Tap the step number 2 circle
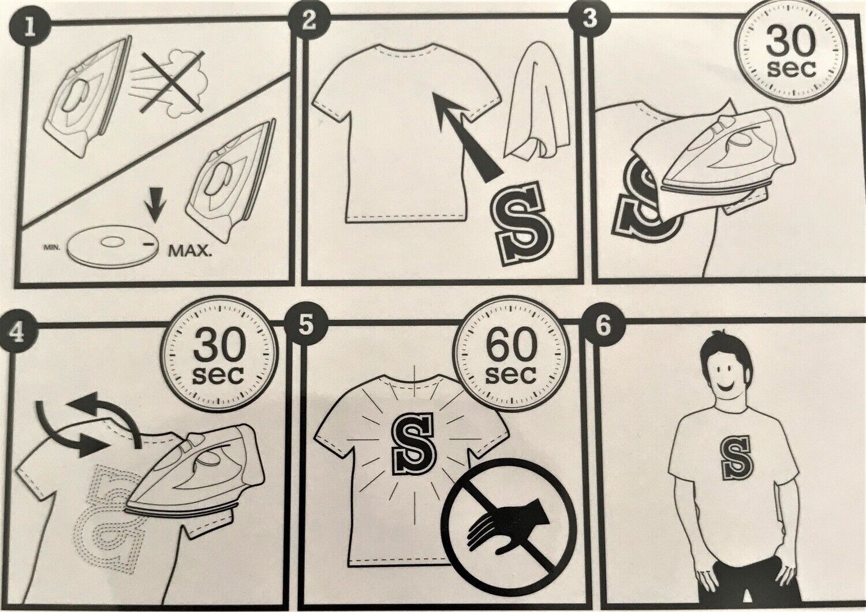pyautogui.click(x=308, y=21)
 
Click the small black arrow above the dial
pyautogui.click(x=154, y=208)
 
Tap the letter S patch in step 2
pyautogui.click(x=524, y=224)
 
